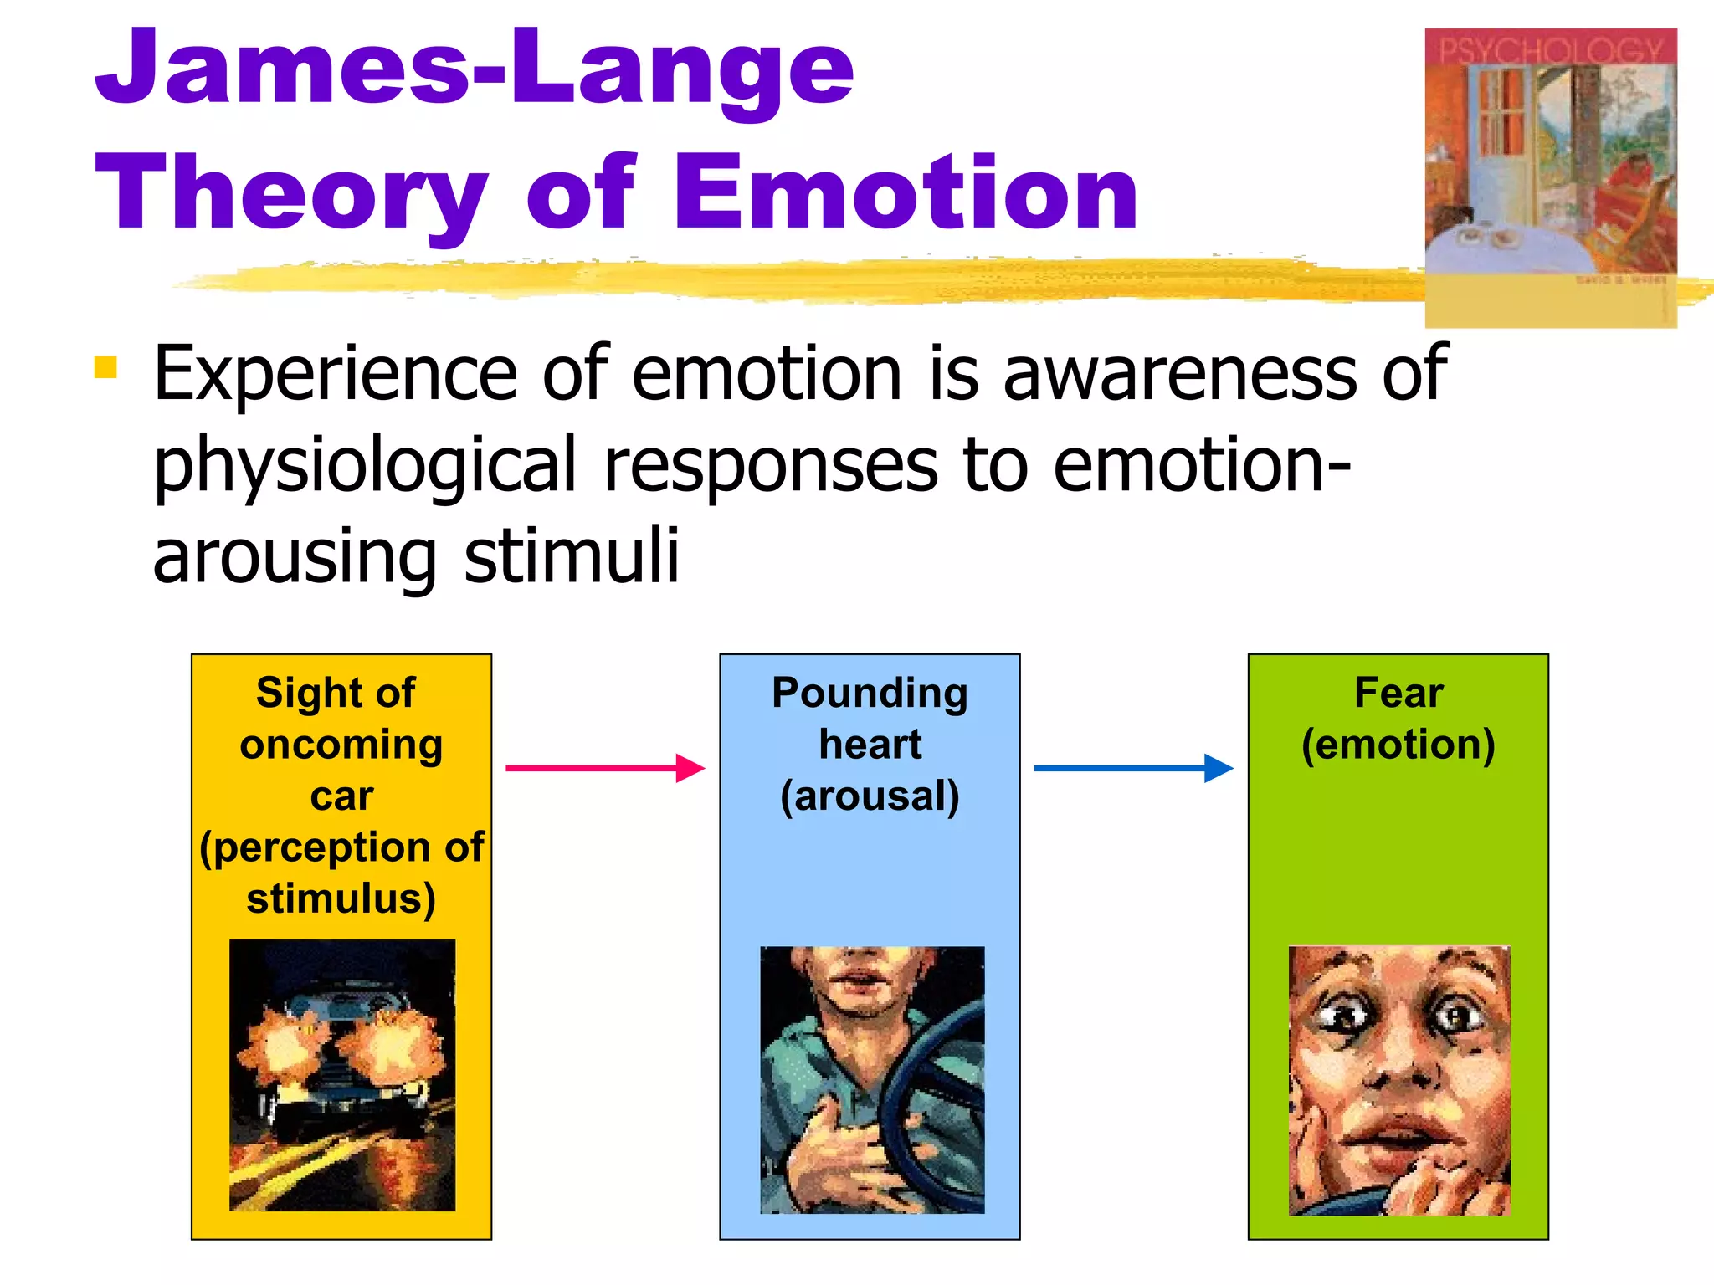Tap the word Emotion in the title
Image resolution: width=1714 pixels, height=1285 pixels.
pos(906,194)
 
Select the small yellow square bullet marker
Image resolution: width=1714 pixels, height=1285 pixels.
pos(105,367)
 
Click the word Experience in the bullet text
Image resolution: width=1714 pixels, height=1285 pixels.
pos(335,374)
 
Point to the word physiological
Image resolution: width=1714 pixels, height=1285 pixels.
pos(365,466)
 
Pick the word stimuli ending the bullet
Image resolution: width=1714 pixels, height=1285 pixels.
pos(572,556)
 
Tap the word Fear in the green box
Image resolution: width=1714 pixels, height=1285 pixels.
pos(1398,693)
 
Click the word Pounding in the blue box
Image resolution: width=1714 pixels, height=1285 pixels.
pos(870,693)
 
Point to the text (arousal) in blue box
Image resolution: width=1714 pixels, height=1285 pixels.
pos(870,796)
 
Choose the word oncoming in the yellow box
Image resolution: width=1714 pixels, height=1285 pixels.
pos(341,745)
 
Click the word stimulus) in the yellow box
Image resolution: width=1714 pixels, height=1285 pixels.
pos(341,898)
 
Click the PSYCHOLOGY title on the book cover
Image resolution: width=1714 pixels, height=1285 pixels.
pos(1550,51)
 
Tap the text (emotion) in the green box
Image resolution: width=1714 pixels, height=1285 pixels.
pos(1398,745)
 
